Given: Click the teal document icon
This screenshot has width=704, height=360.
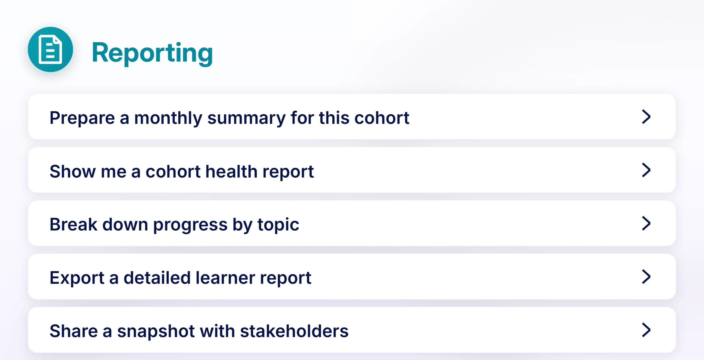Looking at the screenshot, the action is pyautogui.click(x=50, y=49).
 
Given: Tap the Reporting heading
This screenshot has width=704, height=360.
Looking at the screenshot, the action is pyautogui.click(x=152, y=53).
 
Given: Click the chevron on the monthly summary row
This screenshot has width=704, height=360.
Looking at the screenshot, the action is pyautogui.click(x=646, y=117).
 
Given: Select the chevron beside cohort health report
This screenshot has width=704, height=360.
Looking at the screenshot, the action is pyautogui.click(x=646, y=170).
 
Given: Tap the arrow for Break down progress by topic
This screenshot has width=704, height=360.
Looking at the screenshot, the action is pyautogui.click(x=646, y=223).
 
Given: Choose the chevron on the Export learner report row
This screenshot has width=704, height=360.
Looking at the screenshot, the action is pyautogui.click(x=646, y=277).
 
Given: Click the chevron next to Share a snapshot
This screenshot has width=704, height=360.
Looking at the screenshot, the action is pyautogui.click(x=646, y=330).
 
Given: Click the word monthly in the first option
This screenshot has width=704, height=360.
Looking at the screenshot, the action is pyautogui.click(x=168, y=118).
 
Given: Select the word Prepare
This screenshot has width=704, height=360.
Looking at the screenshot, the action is pyautogui.click(x=82, y=118).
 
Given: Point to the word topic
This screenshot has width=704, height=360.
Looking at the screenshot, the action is pyautogui.click(x=278, y=225).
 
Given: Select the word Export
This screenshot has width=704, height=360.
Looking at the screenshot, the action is pyautogui.click(x=77, y=278).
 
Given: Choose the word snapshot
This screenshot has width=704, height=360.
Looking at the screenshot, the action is pyautogui.click(x=156, y=332).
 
